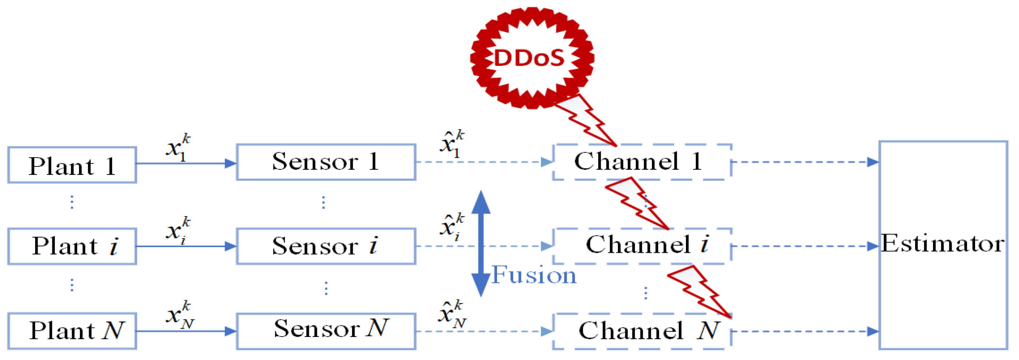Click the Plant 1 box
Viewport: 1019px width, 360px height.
(72, 165)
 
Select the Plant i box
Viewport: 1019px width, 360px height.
(72, 246)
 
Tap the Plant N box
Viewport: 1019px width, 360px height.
(72, 331)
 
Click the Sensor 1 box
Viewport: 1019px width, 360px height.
(326, 162)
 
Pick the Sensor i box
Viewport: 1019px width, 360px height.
(326, 246)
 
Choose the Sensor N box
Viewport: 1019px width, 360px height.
(326, 331)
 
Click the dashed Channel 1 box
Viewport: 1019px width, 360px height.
(642, 162)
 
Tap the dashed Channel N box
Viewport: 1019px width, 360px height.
(642, 331)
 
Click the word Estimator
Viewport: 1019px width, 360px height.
(942, 243)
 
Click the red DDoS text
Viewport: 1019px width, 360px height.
(529, 58)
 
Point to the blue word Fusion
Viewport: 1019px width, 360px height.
(534, 275)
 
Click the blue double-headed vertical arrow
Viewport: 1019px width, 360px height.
(481, 243)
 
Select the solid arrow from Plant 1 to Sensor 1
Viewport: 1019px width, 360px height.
(186, 164)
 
